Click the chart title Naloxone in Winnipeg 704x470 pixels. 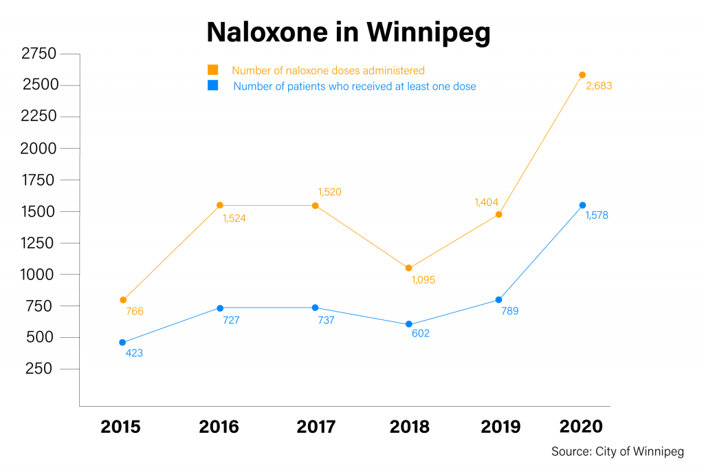[349, 32]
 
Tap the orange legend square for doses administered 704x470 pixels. [213, 70]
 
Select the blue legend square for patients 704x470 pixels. [213, 86]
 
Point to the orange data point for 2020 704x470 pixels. [582, 75]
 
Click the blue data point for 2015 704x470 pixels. [122, 342]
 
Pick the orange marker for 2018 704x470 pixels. [408, 268]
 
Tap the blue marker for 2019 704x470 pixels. [498, 299]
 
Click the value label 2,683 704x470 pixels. [598, 87]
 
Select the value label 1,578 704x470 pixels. [596, 215]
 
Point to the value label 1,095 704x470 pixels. [423, 280]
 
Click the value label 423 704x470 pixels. [134, 353]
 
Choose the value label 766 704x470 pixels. [135, 312]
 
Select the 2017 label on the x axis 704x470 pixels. [316, 427]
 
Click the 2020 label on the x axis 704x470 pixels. [582, 427]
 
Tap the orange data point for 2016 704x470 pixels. [220, 205]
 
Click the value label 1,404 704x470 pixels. [486, 202]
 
